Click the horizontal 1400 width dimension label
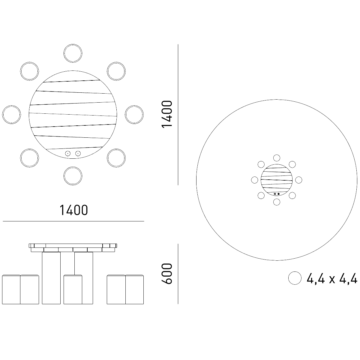(73, 210)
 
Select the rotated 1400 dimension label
(166, 114)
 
